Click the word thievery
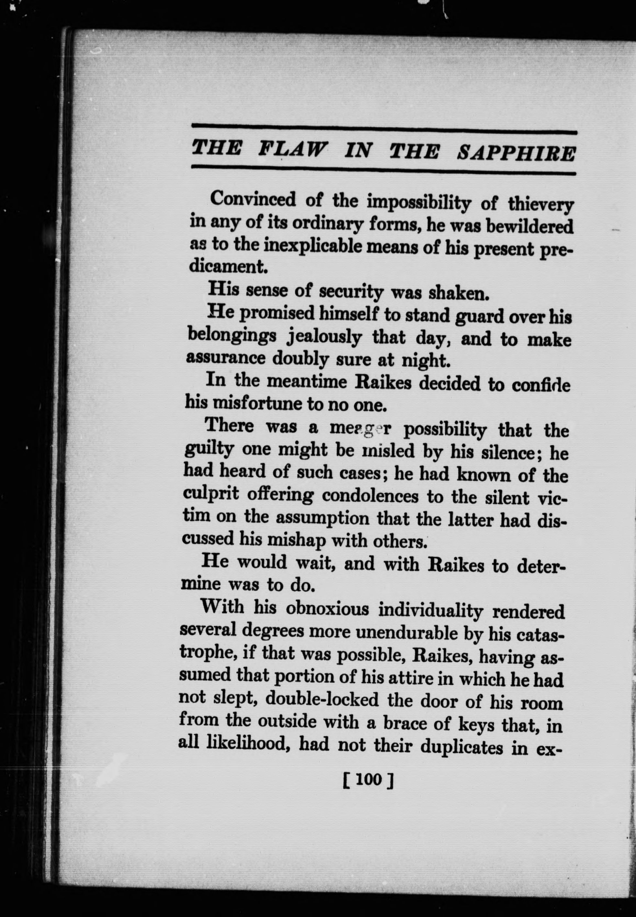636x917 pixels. tap(540, 205)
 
